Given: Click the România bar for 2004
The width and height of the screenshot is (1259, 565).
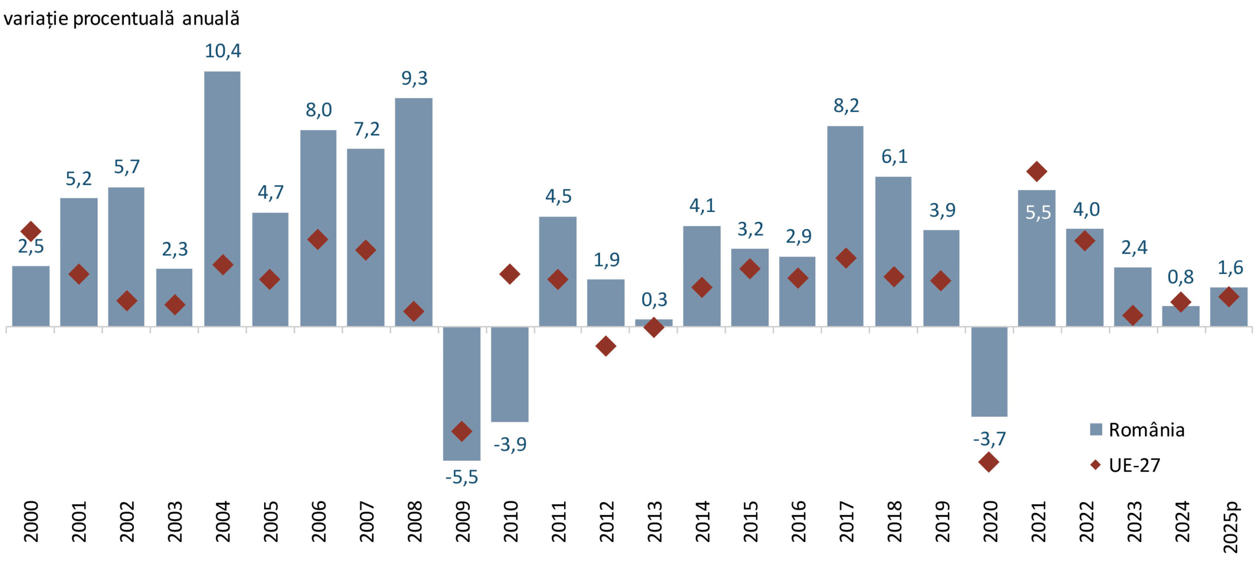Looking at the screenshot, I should click(222, 199).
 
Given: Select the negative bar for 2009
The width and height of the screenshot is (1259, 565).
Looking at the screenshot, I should click(461, 393).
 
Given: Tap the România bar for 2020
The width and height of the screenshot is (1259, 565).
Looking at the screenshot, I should click(989, 371).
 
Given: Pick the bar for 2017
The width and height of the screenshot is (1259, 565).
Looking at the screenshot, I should click(845, 226).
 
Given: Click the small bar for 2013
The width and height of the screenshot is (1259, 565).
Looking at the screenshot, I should click(654, 323).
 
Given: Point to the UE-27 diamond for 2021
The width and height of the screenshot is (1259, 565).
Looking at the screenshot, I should click(1037, 171).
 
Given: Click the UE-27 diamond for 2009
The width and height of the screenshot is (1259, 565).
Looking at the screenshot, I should click(461, 431).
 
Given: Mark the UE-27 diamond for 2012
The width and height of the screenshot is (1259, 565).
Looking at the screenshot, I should click(605, 346).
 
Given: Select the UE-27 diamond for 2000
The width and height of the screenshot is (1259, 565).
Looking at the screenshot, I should click(30, 231).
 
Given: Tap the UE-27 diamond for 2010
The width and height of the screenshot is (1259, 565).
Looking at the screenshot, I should click(510, 274).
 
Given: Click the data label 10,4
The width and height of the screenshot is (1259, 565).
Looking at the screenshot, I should click(223, 51).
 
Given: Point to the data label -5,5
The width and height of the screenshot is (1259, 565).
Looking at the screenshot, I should click(461, 477).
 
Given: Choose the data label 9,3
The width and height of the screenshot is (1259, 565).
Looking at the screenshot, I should click(414, 78).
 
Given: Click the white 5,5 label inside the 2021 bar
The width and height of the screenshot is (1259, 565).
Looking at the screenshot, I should click(1038, 212).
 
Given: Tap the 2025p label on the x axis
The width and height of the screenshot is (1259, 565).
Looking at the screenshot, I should click(1230, 527).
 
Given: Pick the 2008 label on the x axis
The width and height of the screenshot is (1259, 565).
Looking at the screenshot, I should click(415, 521).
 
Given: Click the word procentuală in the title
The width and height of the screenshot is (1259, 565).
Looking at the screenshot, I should click(123, 19).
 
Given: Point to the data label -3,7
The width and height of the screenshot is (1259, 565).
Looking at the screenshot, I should click(989, 439).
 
